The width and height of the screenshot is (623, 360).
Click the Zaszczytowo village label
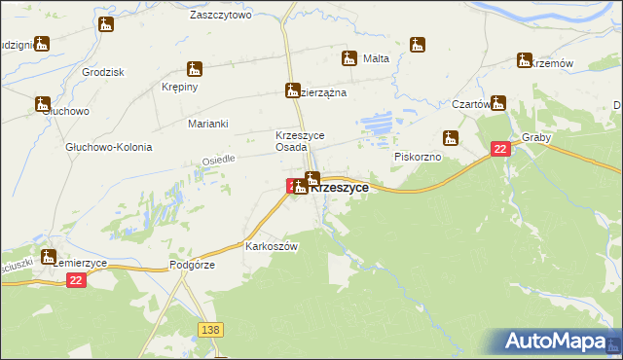[x=221, y=16]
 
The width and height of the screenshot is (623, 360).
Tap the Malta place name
[x=376, y=58]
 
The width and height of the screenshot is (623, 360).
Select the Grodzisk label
[x=105, y=73]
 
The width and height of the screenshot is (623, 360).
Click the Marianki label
[x=207, y=124]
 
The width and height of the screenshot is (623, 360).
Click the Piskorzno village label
[x=420, y=156]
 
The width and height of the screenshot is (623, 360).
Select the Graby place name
[x=536, y=137]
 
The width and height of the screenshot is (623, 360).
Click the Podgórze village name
[x=192, y=264]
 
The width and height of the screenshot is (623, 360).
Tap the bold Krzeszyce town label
[x=339, y=189]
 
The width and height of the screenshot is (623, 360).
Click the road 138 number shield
[x=209, y=331]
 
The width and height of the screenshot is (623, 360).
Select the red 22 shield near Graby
[x=499, y=149]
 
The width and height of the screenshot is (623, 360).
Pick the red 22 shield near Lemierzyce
[x=77, y=279]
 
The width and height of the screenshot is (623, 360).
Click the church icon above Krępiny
[x=195, y=69]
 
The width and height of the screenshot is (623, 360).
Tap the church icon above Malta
[x=349, y=57]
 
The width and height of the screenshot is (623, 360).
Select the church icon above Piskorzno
[x=451, y=137]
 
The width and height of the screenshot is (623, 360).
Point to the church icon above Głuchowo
[x=43, y=103]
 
